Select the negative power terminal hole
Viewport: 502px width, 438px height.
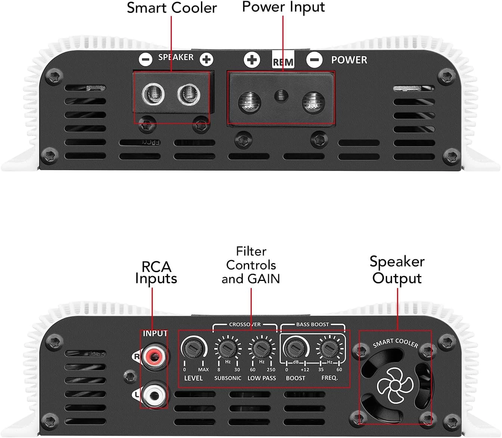tap(313, 103)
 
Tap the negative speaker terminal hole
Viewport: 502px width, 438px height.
tap(153, 94)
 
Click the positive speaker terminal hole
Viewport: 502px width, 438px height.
tap(189, 94)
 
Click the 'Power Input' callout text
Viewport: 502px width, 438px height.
tap(283, 7)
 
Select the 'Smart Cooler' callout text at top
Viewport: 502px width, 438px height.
tap(171, 8)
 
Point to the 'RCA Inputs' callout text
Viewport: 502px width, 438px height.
tap(156, 273)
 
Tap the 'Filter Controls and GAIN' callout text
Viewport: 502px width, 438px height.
tap(251, 265)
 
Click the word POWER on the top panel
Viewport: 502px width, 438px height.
tap(349, 60)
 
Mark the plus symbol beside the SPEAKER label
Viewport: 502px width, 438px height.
tap(206, 59)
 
